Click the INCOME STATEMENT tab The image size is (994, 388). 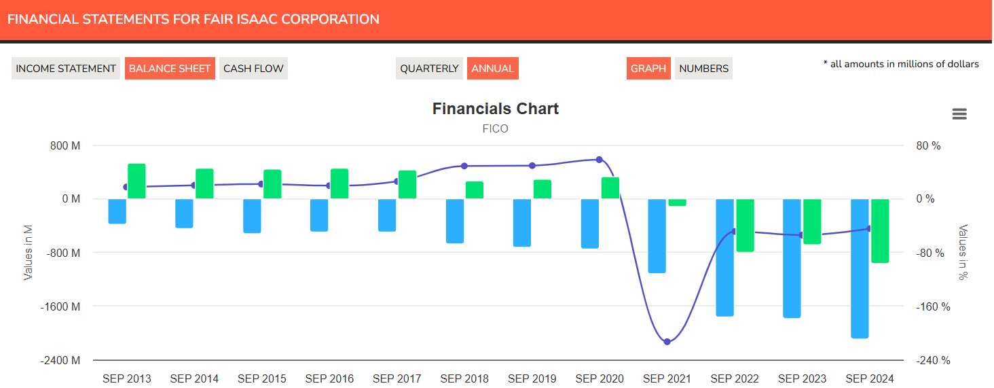66,69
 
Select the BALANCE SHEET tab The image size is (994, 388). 170,69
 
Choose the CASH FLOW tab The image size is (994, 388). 253,69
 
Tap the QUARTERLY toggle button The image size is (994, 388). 429,69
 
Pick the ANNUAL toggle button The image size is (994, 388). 492,69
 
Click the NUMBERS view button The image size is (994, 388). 703,69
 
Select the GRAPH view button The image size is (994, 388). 648,69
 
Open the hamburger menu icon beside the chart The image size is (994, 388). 959,114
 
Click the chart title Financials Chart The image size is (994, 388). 495,109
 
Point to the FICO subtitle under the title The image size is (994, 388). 495,128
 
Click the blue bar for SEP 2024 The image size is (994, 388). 860,268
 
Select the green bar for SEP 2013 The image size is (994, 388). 136,181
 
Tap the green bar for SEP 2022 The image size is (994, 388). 745,225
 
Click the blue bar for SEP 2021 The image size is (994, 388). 657,236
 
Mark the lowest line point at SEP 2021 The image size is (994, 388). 667,341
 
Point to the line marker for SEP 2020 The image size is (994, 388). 599,160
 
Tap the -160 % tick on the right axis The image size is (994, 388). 933,306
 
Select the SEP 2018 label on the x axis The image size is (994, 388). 464,378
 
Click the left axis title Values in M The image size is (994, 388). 29,253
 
